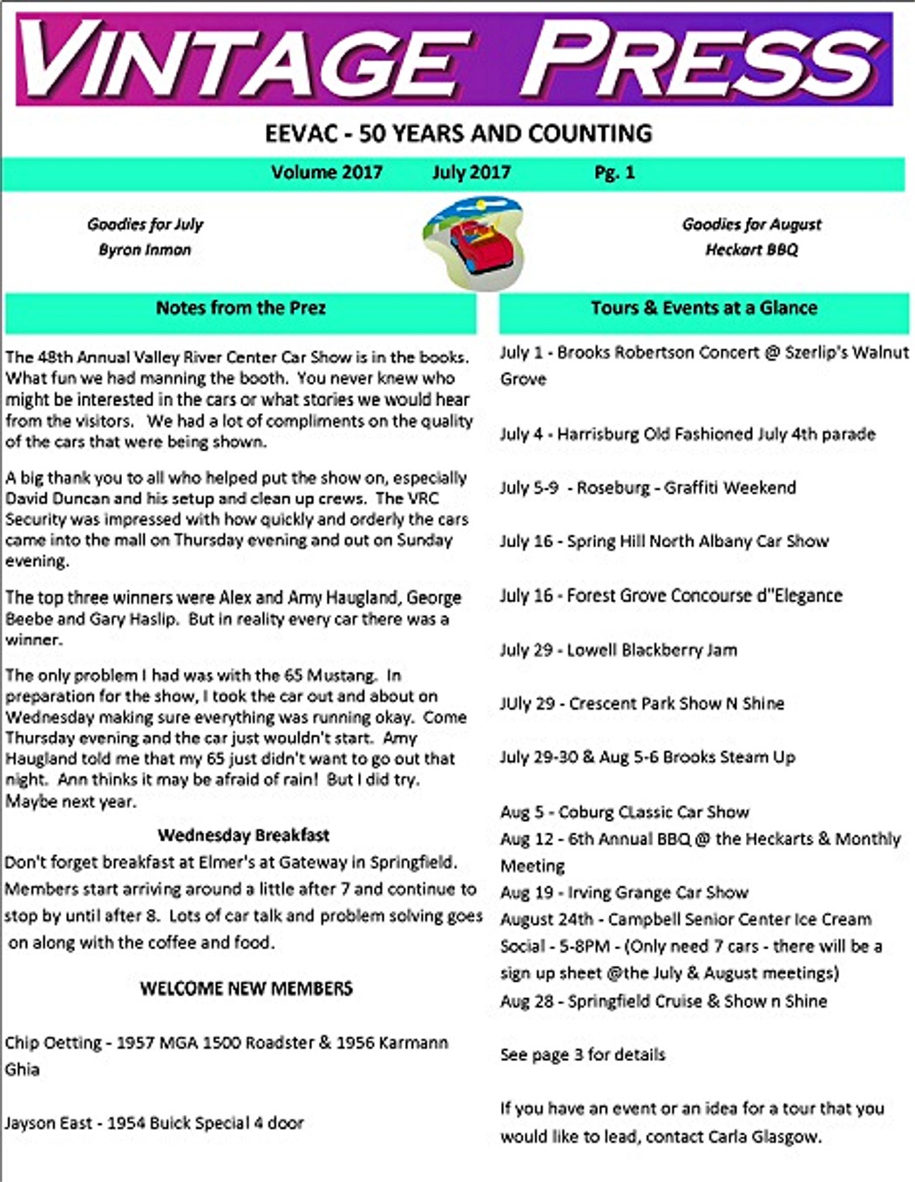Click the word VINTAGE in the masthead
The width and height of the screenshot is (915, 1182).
(x=244, y=59)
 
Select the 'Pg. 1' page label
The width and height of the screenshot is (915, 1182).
(x=614, y=173)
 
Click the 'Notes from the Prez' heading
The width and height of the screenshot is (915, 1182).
(x=241, y=308)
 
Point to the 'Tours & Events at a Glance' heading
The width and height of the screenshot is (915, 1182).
(x=703, y=308)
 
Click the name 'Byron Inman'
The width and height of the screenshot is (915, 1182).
(x=145, y=249)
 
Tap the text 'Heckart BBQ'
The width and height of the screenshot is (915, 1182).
(x=751, y=249)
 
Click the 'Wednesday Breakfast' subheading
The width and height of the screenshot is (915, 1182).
(x=244, y=835)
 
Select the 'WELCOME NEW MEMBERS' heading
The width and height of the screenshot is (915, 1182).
(x=247, y=988)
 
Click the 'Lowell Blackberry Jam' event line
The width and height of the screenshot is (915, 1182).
(x=618, y=650)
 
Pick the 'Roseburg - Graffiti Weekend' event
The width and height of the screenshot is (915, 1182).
(x=647, y=488)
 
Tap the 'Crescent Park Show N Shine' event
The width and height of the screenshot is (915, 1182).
(x=641, y=703)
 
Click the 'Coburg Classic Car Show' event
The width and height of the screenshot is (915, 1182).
(x=624, y=812)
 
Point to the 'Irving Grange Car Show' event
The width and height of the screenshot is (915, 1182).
(x=624, y=893)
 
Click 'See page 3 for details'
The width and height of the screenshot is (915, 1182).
(x=582, y=1055)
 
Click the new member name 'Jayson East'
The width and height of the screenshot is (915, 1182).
(x=48, y=1123)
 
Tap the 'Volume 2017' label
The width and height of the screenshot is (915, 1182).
(x=327, y=173)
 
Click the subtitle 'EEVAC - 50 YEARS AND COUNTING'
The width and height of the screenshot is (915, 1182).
(x=458, y=133)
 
